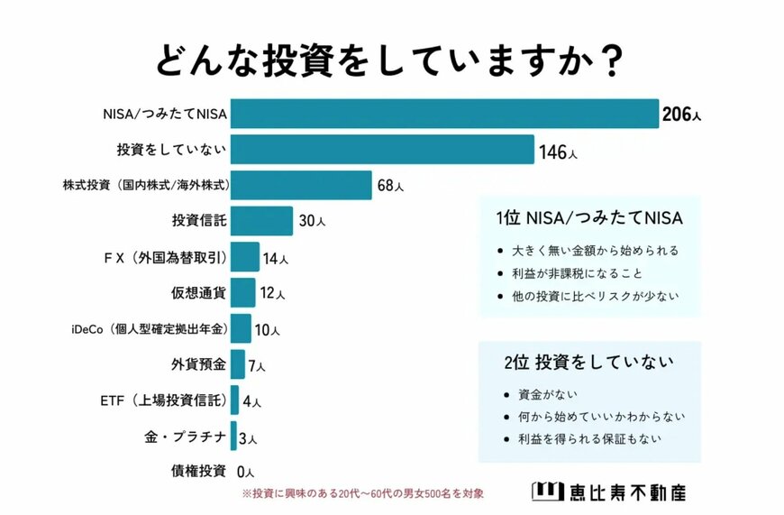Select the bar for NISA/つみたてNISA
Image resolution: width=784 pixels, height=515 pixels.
pyautogui.click(x=445, y=114)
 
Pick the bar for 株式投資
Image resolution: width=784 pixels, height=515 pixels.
pyautogui.click(x=301, y=185)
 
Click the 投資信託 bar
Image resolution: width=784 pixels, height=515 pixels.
pyautogui.click(x=262, y=221)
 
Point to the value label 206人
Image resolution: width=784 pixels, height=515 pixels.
pyautogui.click(x=680, y=115)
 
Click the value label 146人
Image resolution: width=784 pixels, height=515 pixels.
pyautogui.click(x=558, y=152)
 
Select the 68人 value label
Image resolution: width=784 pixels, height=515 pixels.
pyautogui.click(x=390, y=187)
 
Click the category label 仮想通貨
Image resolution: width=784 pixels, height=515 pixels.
pyautogui.click(x=198, y=293)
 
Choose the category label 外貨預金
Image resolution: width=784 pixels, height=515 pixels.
pyautogui.click(x=198, y=364)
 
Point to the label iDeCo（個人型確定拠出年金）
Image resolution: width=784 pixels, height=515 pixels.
pyautogui.click(x=148, y=329)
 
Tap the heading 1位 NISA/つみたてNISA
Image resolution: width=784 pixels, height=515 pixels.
pyautogui.click(x=589, y=218)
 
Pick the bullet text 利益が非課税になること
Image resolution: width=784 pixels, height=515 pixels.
pyautogui.click(x=578, y=272)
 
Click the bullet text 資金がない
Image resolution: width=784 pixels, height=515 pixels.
pyautogui.click(x=547, y=394)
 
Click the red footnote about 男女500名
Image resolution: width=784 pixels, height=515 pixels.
pyautogui.click(x=363, y=493)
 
